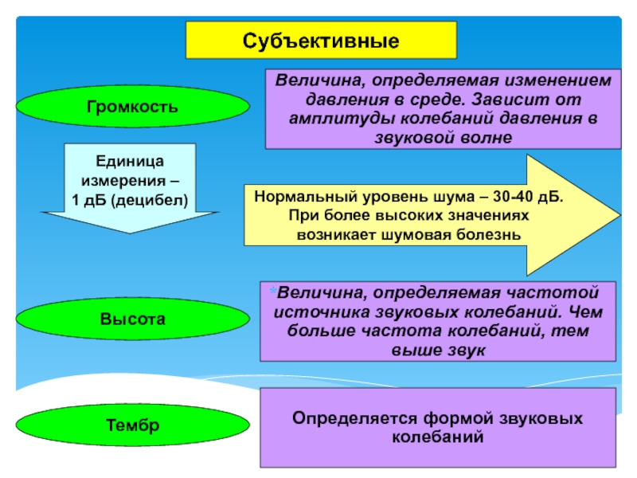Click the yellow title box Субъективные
point(321,41)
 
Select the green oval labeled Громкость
point(132,106)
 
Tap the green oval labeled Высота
point(132,319)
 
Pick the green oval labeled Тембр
point(132,425)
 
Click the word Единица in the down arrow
point(130,162)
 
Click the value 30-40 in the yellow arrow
point(513,196)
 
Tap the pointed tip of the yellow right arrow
point(620,214)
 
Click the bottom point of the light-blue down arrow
point(130,233)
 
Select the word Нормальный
point(306,197)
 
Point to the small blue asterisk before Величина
point(272,290)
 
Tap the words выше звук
point(439,350)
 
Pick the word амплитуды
point(342,119)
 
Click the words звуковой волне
point(444,137)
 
